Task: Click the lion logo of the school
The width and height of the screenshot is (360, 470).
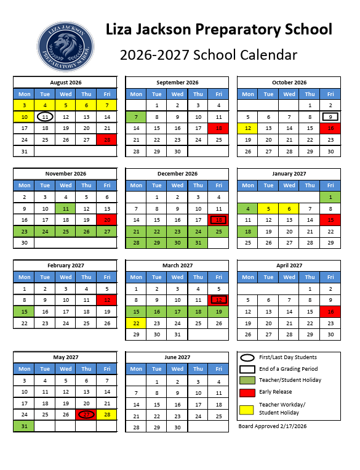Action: click(66, 48)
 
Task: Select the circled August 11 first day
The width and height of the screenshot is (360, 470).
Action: click(45, 117)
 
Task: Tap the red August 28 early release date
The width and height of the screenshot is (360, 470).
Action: click(107, 140)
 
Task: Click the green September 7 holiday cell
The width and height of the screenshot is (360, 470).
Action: click(136, 117)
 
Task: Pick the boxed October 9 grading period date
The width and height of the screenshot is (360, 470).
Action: click(330, 117)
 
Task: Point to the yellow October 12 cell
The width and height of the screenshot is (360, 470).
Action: click(247, 128)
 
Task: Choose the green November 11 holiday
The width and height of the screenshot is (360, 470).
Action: click(66, 209)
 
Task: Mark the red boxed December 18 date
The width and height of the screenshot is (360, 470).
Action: click(218, 220)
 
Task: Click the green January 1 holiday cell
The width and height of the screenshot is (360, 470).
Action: click(330, 197)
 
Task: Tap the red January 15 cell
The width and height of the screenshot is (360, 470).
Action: click(330, 220)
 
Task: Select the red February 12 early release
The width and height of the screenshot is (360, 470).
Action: click(107, 300)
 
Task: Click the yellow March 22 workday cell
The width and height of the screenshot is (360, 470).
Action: click(136, 323)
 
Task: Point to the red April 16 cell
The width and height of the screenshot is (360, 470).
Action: click(330, 312)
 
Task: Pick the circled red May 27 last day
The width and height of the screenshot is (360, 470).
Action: click(86, 415)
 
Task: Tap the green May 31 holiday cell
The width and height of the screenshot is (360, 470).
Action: click(24, 426)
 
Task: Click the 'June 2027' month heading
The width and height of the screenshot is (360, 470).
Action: click(177, 357)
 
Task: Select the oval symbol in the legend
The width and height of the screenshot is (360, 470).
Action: click(247, 358)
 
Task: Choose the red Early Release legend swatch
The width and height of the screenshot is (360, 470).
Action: click(247, 392)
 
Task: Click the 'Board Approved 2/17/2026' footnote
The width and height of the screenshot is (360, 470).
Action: click(272, 426)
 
